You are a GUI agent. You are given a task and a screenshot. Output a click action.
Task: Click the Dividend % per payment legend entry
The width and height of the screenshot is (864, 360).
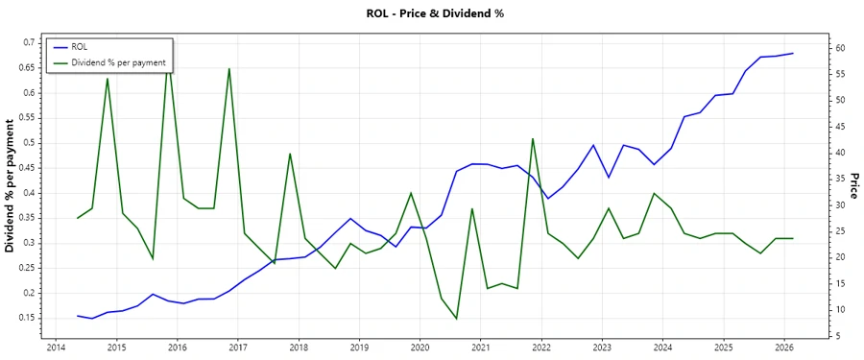click(x=118, y=62)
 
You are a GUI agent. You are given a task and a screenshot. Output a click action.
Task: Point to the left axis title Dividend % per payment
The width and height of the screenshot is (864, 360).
click(x=11, y=186)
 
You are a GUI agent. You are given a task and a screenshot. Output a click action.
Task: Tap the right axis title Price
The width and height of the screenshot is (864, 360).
click(x=852, y=186)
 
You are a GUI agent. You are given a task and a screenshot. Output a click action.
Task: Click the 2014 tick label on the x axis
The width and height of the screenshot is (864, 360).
click(x=55, y=348)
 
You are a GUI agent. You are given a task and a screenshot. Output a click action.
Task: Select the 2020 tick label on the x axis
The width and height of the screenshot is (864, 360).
click(x=420, y=348)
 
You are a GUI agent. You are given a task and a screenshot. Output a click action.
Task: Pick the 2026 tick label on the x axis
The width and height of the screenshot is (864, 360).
click(x=783, y=348)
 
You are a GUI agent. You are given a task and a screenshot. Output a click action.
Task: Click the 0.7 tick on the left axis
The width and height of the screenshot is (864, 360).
click(x=30, y=43)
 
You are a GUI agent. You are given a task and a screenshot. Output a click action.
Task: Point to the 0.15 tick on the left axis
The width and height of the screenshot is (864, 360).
click(x=28, y=318)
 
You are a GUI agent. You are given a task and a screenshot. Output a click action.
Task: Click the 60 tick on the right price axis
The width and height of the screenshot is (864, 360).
click(x=838, y=48)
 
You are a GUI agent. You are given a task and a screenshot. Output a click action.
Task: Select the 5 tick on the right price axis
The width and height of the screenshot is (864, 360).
click(x=835, y=336)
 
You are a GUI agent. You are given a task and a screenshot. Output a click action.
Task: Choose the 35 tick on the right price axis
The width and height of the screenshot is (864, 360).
click(x=838, y=179)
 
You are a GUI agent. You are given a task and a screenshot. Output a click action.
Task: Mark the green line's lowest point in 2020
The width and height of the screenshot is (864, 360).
click(x=457, y=319)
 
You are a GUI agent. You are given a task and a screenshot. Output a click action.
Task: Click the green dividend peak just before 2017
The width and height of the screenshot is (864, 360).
click(x=228, y=68)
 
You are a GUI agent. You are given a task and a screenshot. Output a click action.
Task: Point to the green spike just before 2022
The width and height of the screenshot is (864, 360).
click(x=532, y=138)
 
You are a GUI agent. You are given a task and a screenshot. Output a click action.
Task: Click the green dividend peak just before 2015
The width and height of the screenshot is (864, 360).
click(x=108, y=78)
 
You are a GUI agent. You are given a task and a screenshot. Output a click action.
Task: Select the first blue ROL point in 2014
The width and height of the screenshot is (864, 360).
click(x=78, y=315)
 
